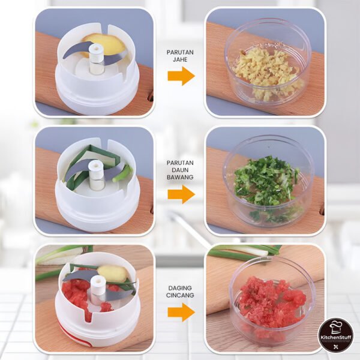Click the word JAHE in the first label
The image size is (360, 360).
(180, 61)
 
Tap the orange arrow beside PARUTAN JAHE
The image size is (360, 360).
(181, 76)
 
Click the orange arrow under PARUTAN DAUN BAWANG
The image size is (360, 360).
(181, 194)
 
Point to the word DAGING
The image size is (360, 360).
(180, 288)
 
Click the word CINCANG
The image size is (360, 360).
(180, 296)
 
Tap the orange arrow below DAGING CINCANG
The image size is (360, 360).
(181, 312)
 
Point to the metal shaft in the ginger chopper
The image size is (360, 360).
(96, 66)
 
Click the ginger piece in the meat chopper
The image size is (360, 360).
(114, 274)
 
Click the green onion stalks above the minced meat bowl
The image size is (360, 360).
(246, 252)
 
